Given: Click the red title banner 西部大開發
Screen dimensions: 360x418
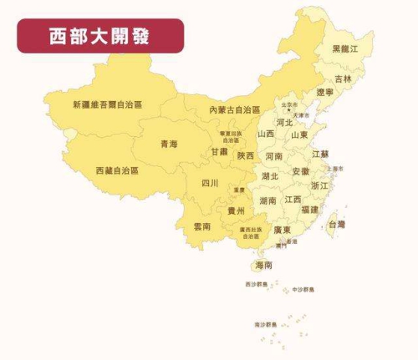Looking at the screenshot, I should (99, 36).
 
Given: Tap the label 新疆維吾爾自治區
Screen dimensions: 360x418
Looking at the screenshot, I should (107, 105).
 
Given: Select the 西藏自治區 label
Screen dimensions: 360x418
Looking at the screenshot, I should (117, 170).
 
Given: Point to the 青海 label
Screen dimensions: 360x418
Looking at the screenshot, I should (168, 145).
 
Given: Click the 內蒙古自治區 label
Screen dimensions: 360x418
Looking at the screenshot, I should (234, 110).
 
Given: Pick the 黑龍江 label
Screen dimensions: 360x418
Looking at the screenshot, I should (345, 49).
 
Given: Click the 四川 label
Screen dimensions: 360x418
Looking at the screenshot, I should (210, 183).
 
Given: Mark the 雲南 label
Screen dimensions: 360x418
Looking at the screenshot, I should (202, 226).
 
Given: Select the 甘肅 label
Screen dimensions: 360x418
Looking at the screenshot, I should (219, 153).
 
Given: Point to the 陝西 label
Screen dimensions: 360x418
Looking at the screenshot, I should (246, 155).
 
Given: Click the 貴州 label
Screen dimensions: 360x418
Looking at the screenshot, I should (237, 211).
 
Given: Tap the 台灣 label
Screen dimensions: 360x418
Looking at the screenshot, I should (335, 225).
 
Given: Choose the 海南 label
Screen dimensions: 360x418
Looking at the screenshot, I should (263, 265).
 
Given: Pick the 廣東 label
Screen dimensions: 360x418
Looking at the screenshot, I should (282, 230).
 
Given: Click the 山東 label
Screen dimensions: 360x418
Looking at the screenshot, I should (299, 134).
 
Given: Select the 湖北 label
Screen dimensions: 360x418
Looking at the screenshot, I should (270, 176).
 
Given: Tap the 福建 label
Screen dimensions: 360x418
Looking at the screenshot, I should (309, 210).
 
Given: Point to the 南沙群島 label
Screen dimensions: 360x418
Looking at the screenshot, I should (266, 323).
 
